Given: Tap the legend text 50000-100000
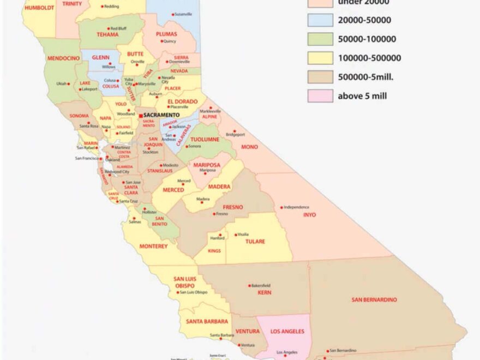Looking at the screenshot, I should click(x=367, y=39).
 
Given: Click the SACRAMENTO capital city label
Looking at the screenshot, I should click(x=161, y=116).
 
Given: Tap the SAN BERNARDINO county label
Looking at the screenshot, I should click(x=374, y=299).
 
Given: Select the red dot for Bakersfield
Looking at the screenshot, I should click(x=249, y=285).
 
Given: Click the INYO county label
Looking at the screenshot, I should click(x=309, y=214).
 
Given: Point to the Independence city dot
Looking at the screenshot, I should click(x=282, y=207).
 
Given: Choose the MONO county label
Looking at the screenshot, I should click(x=249, y=147).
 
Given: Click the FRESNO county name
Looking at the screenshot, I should click(x=233, y=207).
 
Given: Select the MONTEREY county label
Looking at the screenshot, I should click(x=153, y=246).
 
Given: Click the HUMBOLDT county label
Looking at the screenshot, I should click(x=39, y=8).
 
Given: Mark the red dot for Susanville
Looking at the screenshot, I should click(x=173, y=14).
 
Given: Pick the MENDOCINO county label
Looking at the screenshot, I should click(x=64, y=57).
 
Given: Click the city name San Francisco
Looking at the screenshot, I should click(x=87, y=158).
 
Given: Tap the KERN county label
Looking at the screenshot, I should click(x=265, y=292).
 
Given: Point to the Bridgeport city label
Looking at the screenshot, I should click(x=236, y=134).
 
